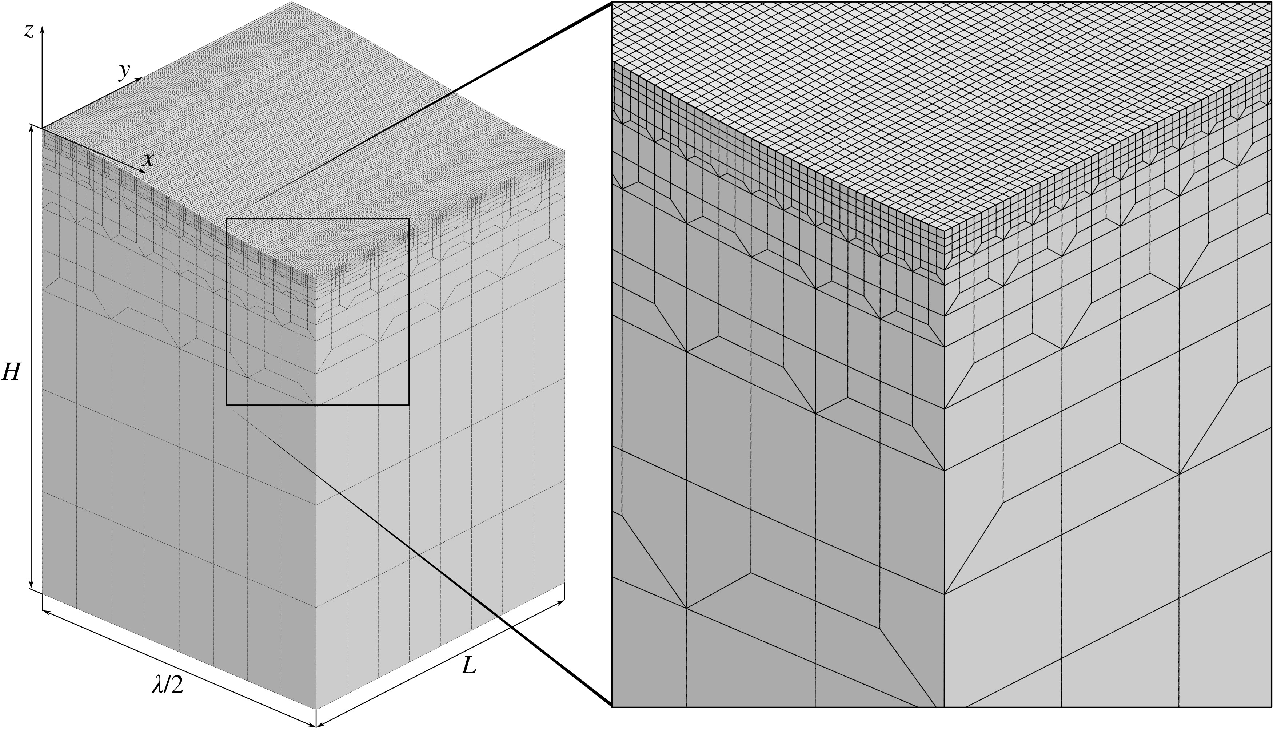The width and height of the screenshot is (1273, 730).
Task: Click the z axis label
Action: [x=29, y=32]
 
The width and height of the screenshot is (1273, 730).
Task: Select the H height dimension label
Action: [x=11, y=372]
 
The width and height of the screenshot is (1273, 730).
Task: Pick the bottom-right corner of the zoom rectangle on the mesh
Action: [x=409, y=405]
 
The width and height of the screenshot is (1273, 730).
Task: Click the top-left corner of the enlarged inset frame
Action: [x=612, y=2]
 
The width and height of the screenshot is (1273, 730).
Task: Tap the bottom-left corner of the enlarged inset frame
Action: [x=612, y=707]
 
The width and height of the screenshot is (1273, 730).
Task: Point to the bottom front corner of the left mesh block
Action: [x=316, y=709]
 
